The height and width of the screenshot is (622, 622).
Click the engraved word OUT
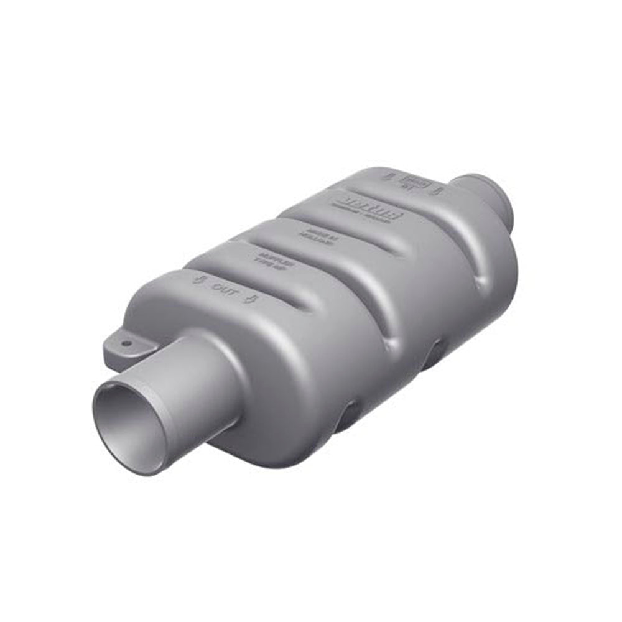click(222, 289)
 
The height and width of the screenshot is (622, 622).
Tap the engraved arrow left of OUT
click(198, 280)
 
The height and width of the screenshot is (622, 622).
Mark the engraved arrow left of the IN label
click(391, 177)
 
